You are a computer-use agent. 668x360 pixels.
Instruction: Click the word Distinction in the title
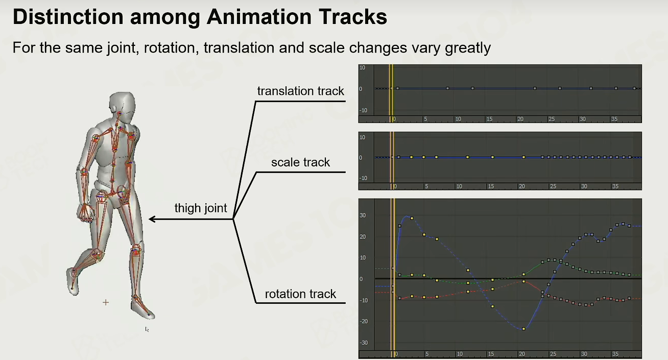click(68, 17)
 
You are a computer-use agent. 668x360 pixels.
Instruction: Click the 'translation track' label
click(301, 91)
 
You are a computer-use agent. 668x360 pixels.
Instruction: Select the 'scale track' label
click(301, 162)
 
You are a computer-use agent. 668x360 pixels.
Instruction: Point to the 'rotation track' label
click(301, 294)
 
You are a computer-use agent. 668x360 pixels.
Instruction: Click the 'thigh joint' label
click(201, 208)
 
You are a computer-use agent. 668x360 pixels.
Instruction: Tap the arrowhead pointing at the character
click(152, 219)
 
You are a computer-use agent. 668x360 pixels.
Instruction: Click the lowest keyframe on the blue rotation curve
click(523, 329)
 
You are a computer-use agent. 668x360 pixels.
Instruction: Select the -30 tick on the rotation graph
click(364, 343)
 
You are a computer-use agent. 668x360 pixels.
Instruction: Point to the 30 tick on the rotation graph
click(363, 215)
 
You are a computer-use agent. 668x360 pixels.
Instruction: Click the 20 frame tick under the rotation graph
click(521, 354)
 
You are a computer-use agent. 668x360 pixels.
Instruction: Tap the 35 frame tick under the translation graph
click(614, 119)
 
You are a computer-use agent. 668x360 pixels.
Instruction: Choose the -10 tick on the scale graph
click(363, 178)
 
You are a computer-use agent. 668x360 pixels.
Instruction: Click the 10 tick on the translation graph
click(362, 68)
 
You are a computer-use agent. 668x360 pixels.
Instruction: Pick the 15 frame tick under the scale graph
click(491, 186)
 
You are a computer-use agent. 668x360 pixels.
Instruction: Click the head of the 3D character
click(122, 107)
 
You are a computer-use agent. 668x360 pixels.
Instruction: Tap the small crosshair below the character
click(106, 302)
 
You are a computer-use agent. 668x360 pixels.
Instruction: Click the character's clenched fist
click(86, 213)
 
